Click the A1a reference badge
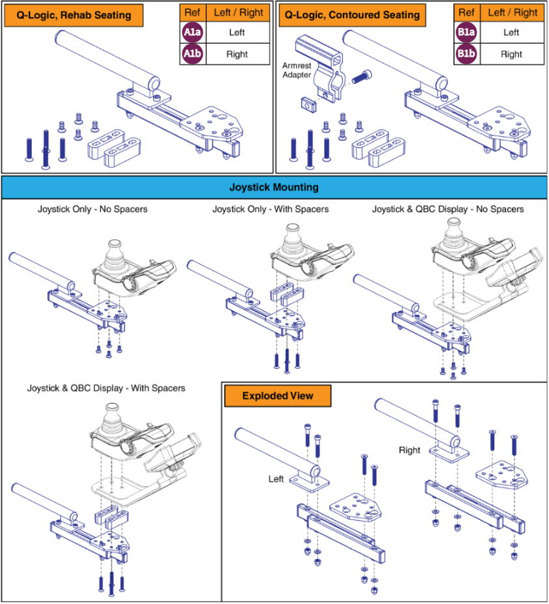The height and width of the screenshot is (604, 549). click(192, 32)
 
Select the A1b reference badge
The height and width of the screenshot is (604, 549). click(192, 54)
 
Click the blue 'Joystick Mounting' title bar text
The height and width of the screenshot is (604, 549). click(274, 187)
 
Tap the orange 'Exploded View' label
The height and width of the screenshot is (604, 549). click(277, 395)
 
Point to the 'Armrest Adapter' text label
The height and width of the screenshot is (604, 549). click(297, 70)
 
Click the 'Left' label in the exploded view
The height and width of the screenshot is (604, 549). click(276, 479)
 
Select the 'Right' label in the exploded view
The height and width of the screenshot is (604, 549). click(409, 450)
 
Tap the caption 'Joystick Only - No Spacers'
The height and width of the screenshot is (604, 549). click(93, 209)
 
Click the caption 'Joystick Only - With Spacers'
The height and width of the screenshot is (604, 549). click(270, 209)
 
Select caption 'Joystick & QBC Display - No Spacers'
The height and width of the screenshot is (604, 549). click(448, 209)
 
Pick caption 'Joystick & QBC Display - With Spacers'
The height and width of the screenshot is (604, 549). click(106, 388)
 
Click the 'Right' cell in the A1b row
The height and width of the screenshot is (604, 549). click(237, 54)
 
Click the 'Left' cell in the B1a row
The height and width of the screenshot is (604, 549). click(511, 32)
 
